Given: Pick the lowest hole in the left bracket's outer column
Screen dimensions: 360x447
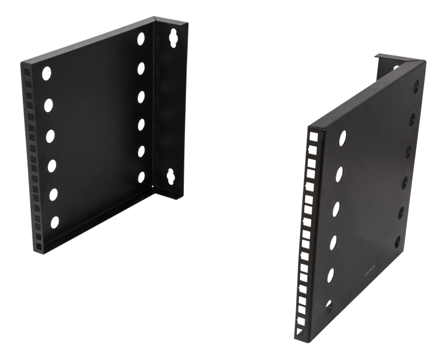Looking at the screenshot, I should pos(55,222).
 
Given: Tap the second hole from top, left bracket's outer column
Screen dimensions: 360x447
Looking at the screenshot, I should pos(49,104).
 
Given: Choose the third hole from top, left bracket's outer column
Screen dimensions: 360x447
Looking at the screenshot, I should pos(51,135).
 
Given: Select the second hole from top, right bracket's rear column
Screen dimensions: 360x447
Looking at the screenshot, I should pos(413,119).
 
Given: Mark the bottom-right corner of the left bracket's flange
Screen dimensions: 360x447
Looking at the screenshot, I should pos(184,196).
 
